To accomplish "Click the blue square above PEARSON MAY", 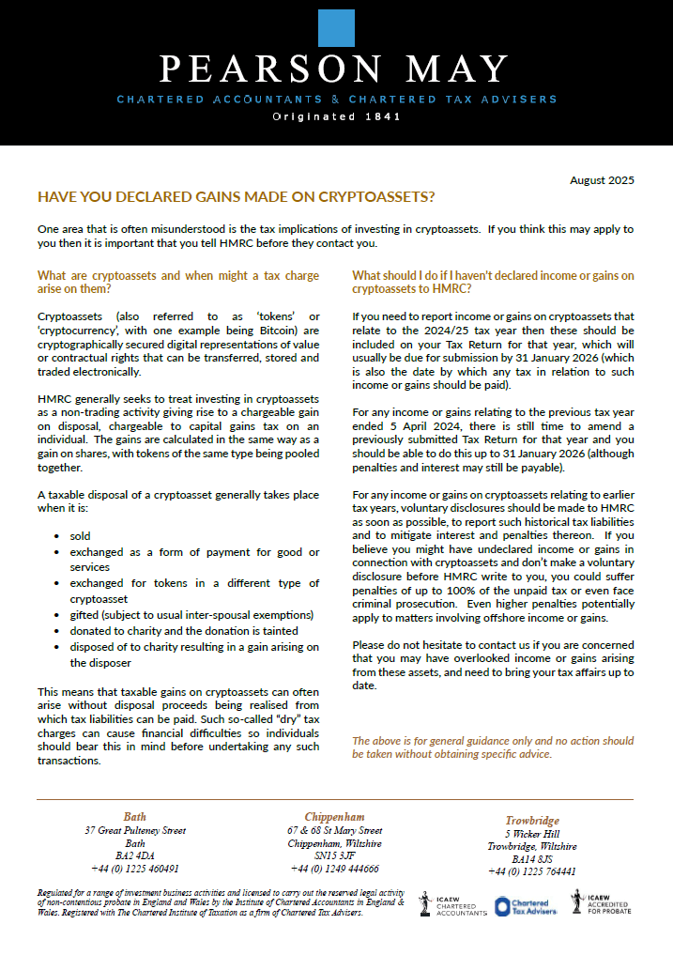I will (x=336, y=30).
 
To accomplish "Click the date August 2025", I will (x=603, y=180).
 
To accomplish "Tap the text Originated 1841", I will (x=336, y=117).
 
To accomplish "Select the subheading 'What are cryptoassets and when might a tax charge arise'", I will (x=178, y=283).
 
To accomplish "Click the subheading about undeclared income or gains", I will (x=493, y=283).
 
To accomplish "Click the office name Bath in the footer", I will (x=135, y=817).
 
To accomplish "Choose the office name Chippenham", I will (x=334, y=817).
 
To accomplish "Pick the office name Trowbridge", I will (x=532, y=820).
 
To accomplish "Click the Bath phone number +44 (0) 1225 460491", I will (x=135, y=869).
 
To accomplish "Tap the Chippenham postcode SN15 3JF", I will (x=334, y=856).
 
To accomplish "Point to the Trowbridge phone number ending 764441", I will (x=532, y=871).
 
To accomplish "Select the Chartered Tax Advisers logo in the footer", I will (x=527, y=905).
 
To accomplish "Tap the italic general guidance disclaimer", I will (x=493, y=747).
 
